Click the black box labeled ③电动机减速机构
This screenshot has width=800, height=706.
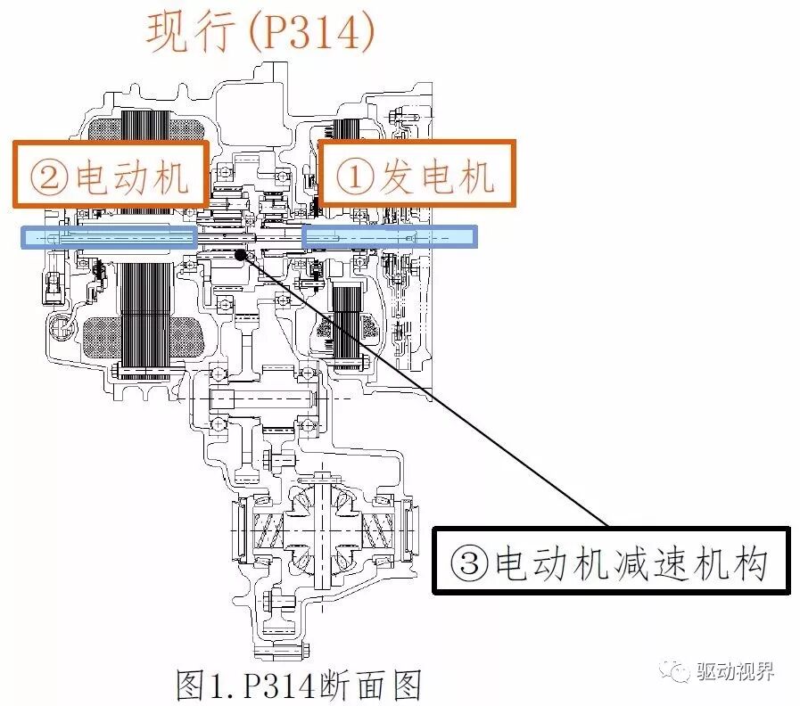pos(611,562)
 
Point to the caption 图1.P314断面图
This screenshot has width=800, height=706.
pos(299,685)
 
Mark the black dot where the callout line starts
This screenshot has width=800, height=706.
pos(240,255)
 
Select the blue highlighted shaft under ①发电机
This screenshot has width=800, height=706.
pos(389,236)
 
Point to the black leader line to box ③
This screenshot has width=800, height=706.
pos(428,392)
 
